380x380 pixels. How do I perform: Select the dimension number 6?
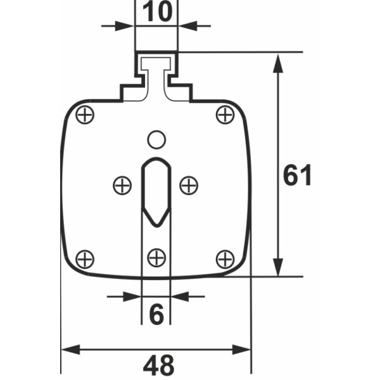[x=156, y=314]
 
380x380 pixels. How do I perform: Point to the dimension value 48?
[x=158, y=365]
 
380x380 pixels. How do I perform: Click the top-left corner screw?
[x=84, y=115]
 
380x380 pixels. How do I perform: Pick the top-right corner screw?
[x=225, y=115]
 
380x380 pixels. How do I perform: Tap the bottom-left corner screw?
[x=84, y=258]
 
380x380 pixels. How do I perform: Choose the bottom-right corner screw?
[x=225, y=258]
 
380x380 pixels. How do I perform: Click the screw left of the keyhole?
[x=122, y=185]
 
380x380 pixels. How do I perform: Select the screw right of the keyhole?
[x=189, y=185]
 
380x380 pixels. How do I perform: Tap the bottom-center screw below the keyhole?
[x=156, y=257]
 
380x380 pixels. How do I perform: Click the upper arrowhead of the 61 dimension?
[x=277, y=61]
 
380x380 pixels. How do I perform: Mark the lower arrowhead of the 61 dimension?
[x=277, y=269]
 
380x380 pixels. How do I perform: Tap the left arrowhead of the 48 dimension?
[x=68, y=349]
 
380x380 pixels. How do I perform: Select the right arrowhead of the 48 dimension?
[x=244, y=349]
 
